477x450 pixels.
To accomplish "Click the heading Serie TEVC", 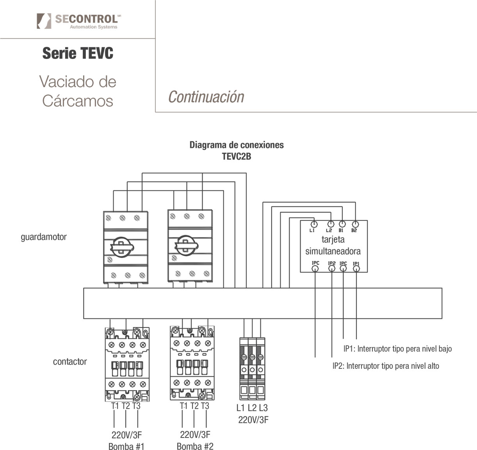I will pyautogui.click(x=78, y=53).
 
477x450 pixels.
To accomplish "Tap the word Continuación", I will pyautogui.click(x=206, y=97).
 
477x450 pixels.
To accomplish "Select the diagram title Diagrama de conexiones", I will pyautogui.click(x=237, y=145).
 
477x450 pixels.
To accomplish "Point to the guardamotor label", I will pyautogui.click(x=44, y=237).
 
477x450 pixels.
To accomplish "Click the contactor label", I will pyautogui.click(x=70, y=361).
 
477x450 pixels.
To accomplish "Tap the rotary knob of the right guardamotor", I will pyautogui.click(x=186, y=246).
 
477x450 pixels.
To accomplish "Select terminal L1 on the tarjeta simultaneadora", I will pyautogui.click(x=313, y=224).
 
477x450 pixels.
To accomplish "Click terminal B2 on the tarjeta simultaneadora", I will pyautogui.click(x=355, y=224).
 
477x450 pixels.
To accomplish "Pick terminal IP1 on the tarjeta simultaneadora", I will pyautogui.click(x=356, y=268).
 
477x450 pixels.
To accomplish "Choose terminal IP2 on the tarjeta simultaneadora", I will pyautogui.click(x=331, y=268).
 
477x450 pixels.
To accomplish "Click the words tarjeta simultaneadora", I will pyautogui.click(x=333, y=245).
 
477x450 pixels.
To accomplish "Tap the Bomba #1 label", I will pyautogui.click(x=126, y=446).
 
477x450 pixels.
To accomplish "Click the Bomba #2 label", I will pyautogui.click(x=195, y=446).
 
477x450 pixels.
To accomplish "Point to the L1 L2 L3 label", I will pyautogui.click(x=252, y=408).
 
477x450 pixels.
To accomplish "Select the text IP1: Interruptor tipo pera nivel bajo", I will pyautogui.click(x=397, y=349).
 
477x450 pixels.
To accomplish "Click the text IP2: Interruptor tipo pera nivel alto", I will pyautogui.click(x=386, y=366).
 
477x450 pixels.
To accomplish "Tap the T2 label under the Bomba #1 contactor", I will pyautogui.click(x=126, y=406).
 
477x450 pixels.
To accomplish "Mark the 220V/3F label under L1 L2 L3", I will pyautogui.click(x=253, y=420).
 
